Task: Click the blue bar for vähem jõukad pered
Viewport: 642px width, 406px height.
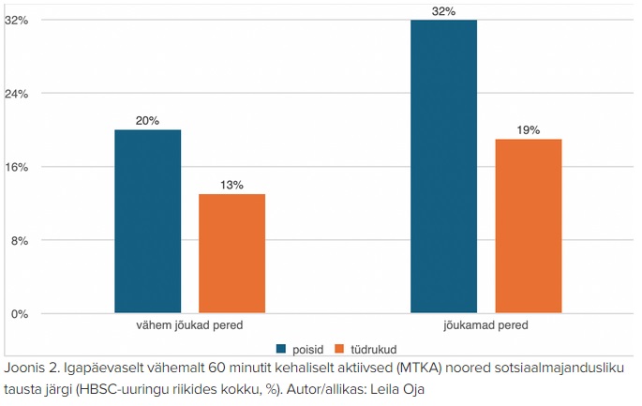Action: click(x=148, y=221)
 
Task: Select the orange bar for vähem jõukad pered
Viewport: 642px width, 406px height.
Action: click(x=231, y=253)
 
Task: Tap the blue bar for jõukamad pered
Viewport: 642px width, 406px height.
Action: click(x=444, y=166)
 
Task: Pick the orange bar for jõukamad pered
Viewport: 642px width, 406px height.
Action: click(x=529, y=226)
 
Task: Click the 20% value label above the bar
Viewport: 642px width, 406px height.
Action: click(x=148, y=121)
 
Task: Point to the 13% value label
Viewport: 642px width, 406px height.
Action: click(x=231, y=185)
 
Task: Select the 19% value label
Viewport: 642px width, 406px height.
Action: click(x=529, y=130)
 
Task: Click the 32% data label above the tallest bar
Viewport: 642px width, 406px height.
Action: click(x=444, y=11)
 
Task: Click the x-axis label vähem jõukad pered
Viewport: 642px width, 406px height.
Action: click(x=190, y=325)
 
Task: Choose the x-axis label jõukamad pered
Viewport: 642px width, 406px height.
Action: click(x=486, y=325)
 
